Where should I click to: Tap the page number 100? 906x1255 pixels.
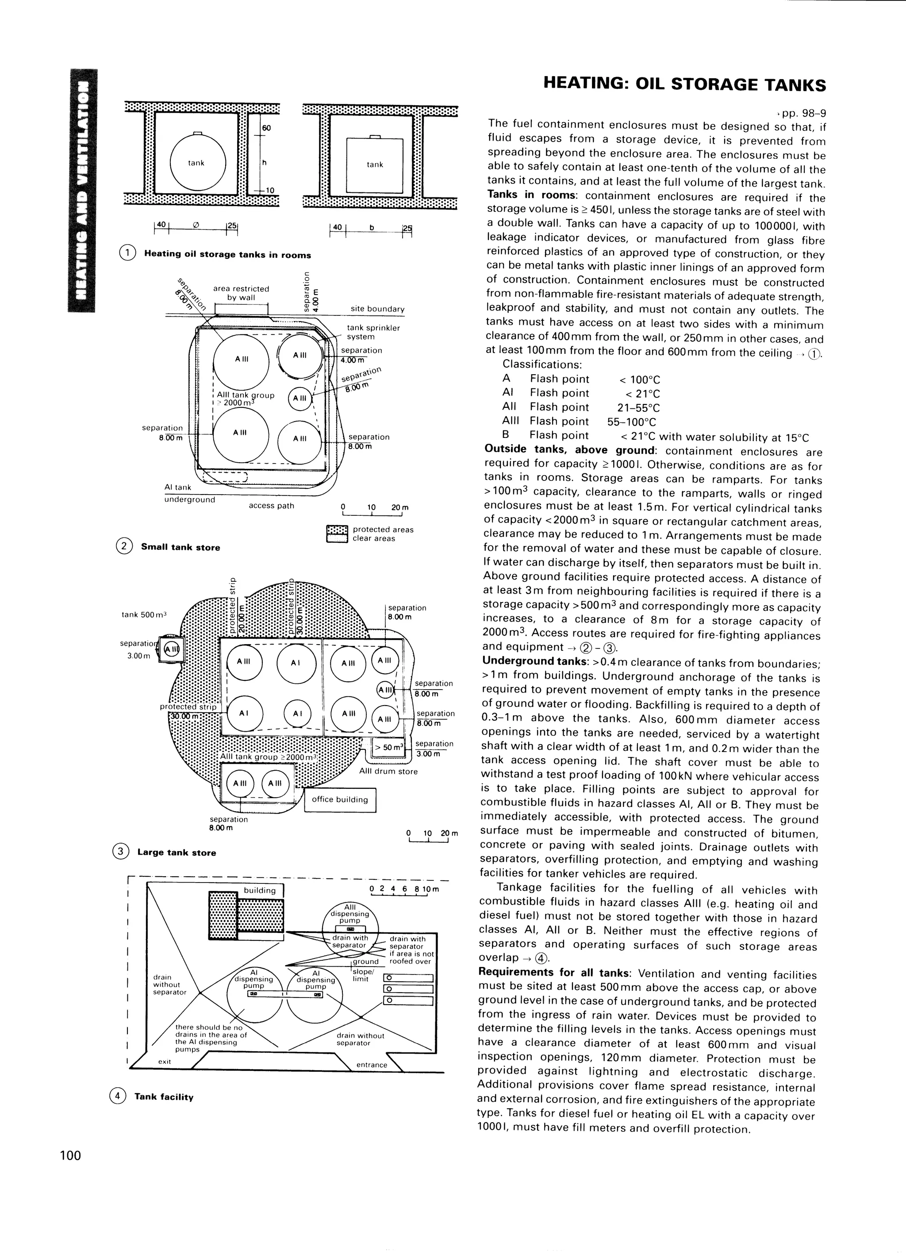pyautogui.click(x=71, y=1155)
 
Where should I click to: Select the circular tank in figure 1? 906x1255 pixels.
pyautogui.click(x=198, y=162)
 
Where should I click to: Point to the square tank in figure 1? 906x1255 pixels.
pyautogui.click(x=375, y=165)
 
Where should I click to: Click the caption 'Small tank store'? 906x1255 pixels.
pyautogui.click(x=180, y=547)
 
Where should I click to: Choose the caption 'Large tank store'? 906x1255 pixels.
pyautogui.click(x=177, y=853)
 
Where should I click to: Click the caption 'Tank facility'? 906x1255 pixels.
pyautogui.click(x=164, y=1097)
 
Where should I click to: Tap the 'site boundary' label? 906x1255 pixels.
pyautogui.click(x=377, y=309)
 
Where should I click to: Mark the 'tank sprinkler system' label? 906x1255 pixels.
pyautogui.click(x=373, y=332)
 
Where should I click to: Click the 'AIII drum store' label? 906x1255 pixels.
pyautogui.click(x=388, y=771)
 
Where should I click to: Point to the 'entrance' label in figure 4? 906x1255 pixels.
pyautogui.click(x=372, y=1065)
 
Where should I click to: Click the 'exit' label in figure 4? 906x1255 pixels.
pyautogui.click(x=165, y=1061)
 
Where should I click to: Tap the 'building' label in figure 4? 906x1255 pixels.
pyautogui.click(x=260, y=890)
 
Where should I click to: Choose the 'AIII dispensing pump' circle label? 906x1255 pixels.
pyautogui.click(x=350, y=913)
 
